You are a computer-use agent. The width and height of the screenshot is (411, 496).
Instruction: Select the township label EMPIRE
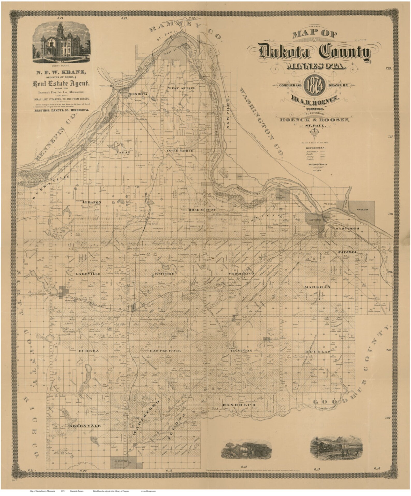(164, 273)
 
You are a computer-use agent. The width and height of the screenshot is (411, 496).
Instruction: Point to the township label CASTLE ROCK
(165, 351)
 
